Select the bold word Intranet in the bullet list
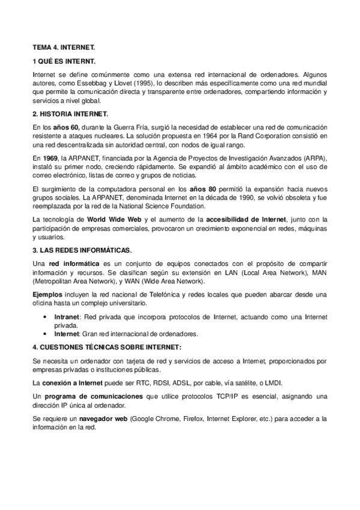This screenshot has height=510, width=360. tap(67, 315)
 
